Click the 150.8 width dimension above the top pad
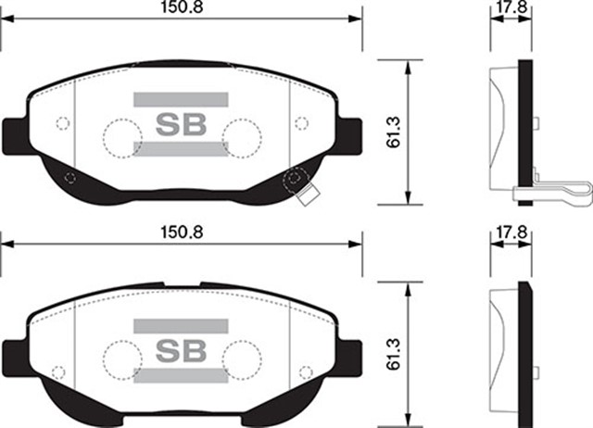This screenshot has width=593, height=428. [181, 6]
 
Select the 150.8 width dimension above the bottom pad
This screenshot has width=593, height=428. [181, 232]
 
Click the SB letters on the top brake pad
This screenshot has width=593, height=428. [181, 123]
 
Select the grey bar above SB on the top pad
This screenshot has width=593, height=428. [181, 98]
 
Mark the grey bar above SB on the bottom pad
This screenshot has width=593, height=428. [181, 324]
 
